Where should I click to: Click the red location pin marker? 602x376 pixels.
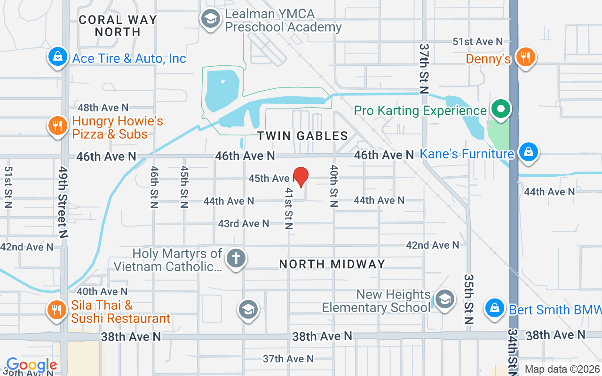point(301,177)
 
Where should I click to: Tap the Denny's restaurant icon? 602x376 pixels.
point(525,57)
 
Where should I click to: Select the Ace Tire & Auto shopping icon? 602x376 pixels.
point(57,57)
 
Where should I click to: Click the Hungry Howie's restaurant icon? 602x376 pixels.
point(57,126)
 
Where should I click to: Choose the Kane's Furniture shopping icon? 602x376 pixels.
point(529,152)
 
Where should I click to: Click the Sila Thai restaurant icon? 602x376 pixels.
point(57,310)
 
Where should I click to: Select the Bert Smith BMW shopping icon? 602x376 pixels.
point(494,308)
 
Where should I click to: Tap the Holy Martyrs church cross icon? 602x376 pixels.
point(236,258)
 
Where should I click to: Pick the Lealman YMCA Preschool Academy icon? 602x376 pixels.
point(211,19)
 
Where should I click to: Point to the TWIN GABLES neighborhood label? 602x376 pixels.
point(302,136)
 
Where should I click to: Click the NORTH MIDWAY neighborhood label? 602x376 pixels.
point(332,264)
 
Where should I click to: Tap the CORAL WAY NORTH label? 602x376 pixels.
point(117,26)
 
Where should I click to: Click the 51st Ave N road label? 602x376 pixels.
point(477,42)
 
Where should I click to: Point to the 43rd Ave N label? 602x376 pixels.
point(243,224)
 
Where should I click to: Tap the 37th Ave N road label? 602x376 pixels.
point(288,359)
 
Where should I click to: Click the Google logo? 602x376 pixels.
point(32,365)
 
